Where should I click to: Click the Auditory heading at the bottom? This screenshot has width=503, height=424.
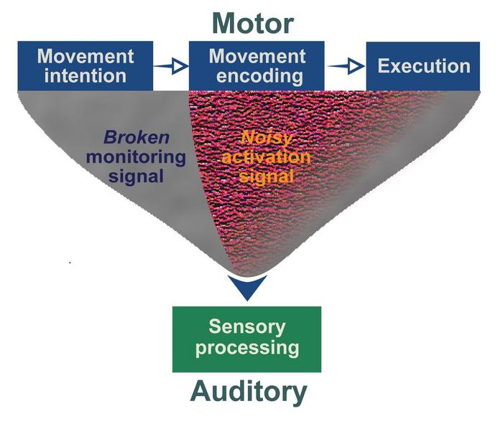point(249,392)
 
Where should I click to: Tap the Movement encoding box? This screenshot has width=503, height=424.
point(256,66)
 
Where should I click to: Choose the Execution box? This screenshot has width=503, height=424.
point(424,67)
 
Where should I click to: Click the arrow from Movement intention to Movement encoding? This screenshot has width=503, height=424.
point(171,66)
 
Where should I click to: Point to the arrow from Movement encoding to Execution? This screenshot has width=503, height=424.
point(346,66)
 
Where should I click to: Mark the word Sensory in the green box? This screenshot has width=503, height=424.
point(247,328)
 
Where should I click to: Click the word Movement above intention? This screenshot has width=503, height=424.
point(86,56)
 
